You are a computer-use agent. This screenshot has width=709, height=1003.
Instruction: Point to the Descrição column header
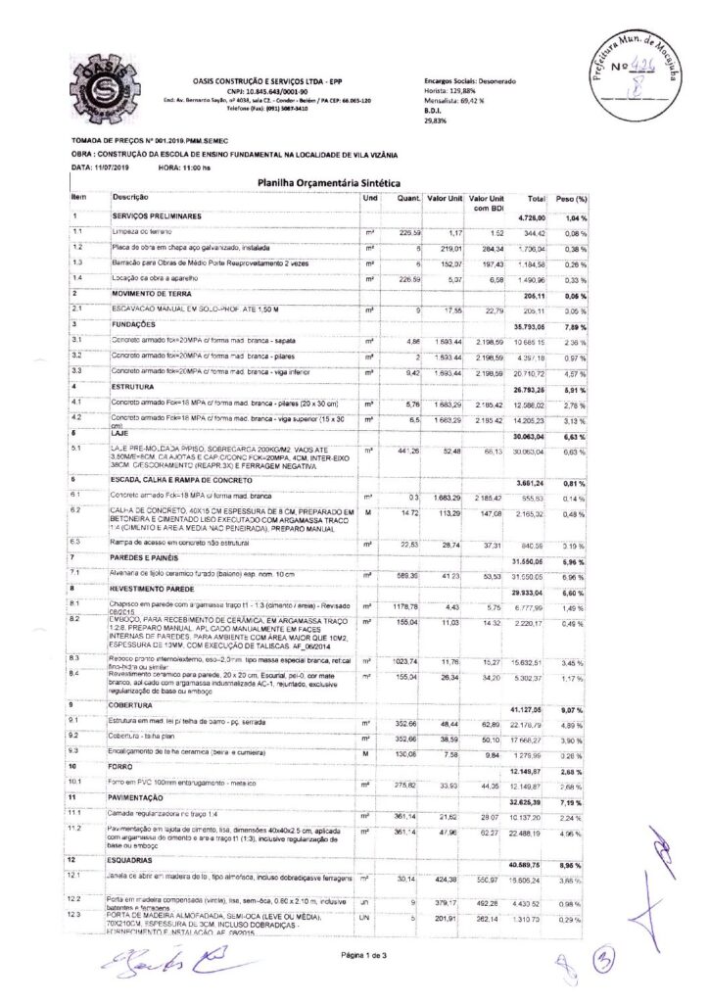130,197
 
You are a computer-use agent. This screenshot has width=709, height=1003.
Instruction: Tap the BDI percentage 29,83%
436,121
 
